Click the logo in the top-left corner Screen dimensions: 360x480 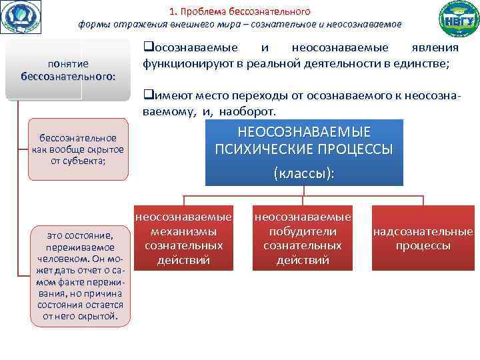coord(21,17)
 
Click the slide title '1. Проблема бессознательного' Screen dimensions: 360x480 coord(239,11)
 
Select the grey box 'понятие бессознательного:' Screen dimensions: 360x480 coord(67,70)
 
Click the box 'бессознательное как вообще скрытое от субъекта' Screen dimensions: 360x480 coord(78,149)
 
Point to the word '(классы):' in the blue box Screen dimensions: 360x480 coord(303,172)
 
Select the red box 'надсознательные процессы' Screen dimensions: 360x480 coord(423,239)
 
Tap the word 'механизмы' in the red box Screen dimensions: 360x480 coord(183,231)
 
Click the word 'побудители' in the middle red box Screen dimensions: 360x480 coord(303,231)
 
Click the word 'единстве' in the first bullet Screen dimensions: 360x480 coord(427,64)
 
